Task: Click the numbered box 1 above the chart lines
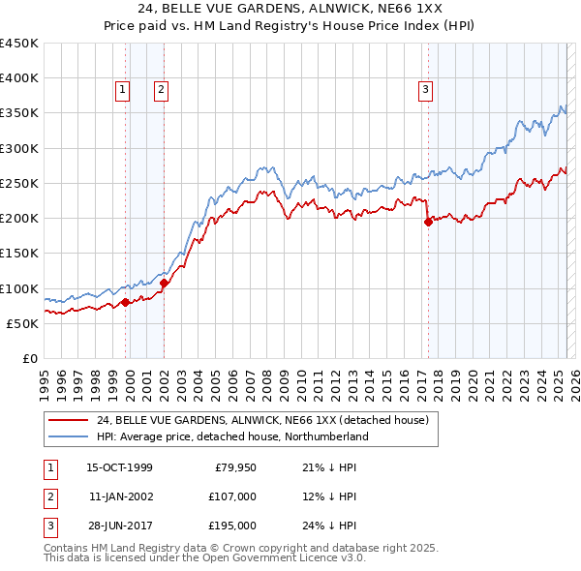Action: click(x=124, y=90)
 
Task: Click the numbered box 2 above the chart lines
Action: click(x=161, y=90)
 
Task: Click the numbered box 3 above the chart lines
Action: click(x=425, y=90)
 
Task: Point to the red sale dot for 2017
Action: click(x=428, y=222)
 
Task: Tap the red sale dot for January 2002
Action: click(x=165, y=284)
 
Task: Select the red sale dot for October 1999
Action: click(x=126, y=303)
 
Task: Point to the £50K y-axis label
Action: click(x=22, y=323)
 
